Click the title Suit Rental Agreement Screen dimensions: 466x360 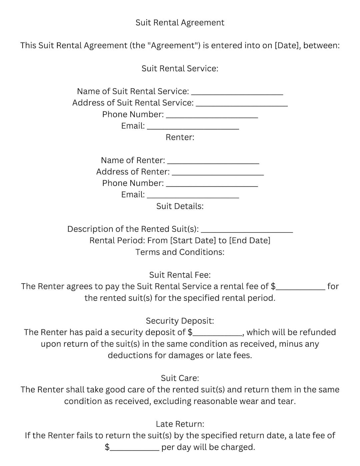coord(180,23)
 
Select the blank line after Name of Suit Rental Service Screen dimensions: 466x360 coord(237,92)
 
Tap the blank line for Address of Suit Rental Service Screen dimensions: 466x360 coord(242,104)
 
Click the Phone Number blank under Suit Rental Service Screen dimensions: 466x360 coord(212,115)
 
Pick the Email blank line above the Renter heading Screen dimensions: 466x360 coord(193,127)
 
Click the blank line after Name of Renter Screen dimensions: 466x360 coord(213,161)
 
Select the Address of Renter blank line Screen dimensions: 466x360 coord(218,173)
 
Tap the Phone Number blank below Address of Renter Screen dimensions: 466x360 coord(212,184)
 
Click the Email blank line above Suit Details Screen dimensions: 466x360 coord(193,195)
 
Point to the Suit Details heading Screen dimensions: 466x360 coord(180,206)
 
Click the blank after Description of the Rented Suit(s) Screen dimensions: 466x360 coord(247,230)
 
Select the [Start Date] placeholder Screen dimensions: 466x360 coord(193,241)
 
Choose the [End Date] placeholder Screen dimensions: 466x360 coord(250,241)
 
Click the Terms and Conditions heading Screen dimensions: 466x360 coord(180,252)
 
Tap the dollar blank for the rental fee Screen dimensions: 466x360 coord(300,287)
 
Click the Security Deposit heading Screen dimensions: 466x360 coord(180,321)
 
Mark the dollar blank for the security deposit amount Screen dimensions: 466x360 coord(217,333)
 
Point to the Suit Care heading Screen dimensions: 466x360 coord(180,378)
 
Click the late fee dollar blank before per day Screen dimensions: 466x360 coord(134,448)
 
